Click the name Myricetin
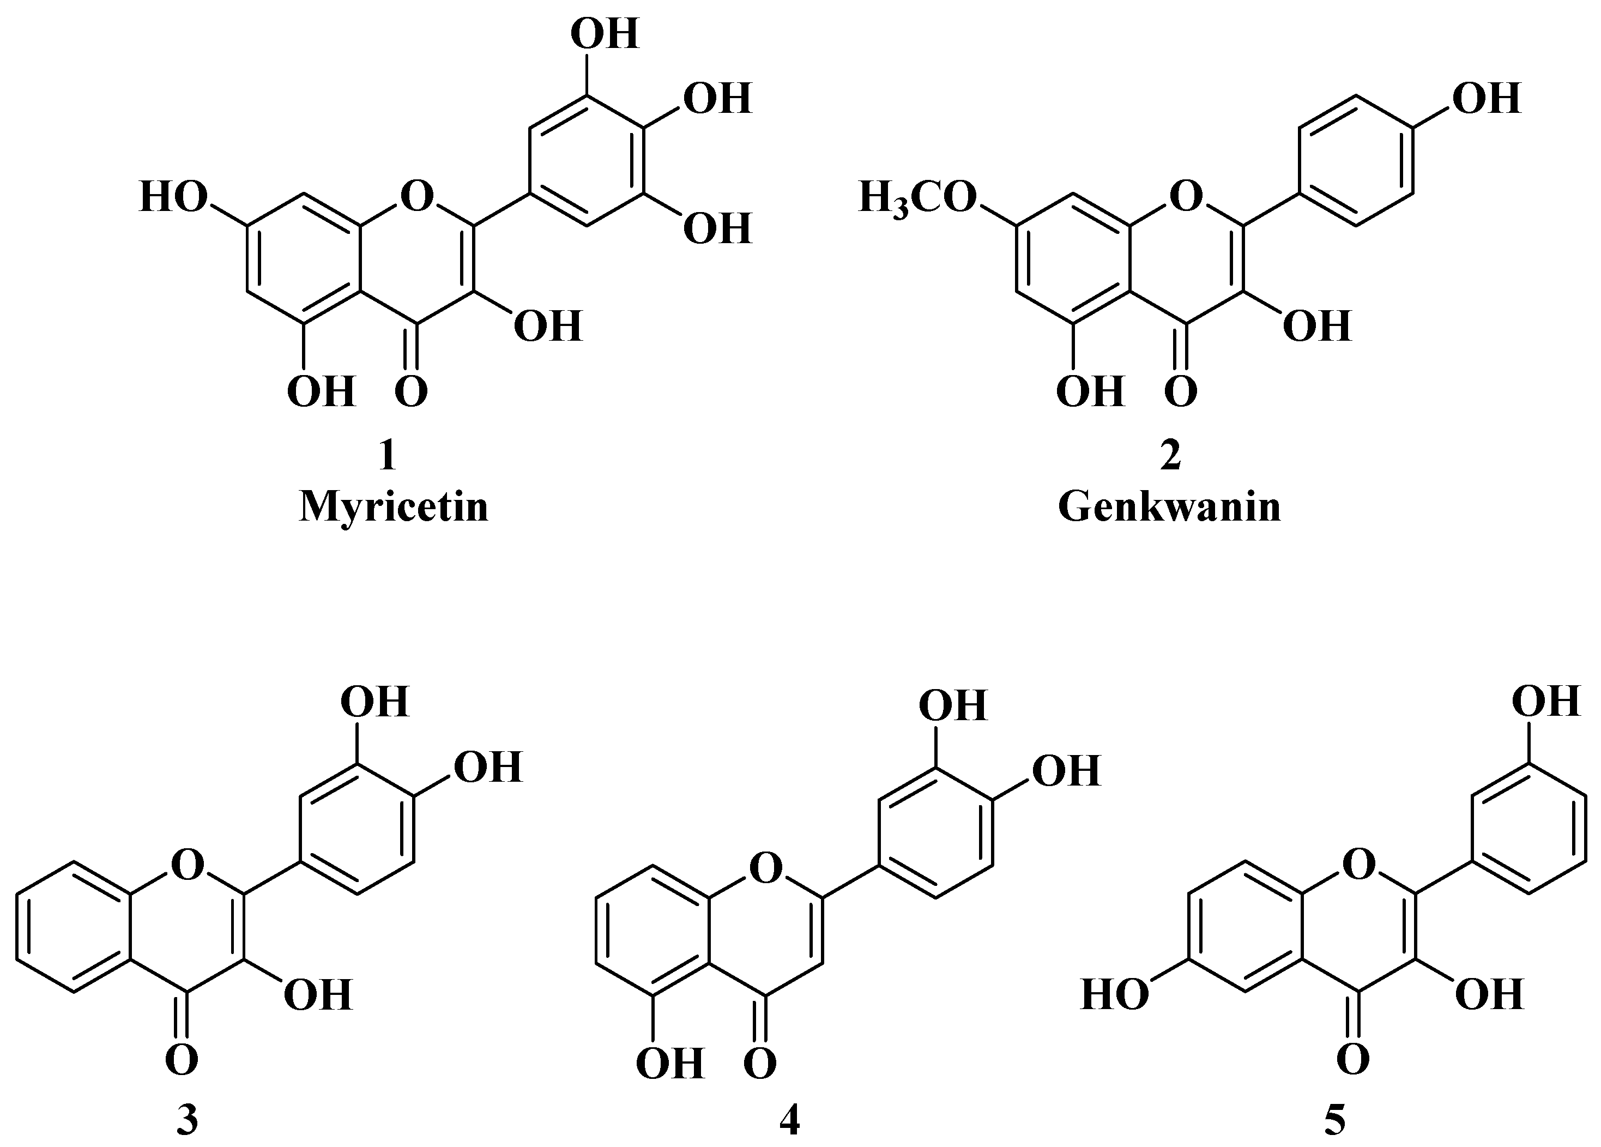point(393,508)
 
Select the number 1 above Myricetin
point(387,456)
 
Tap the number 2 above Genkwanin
point(1170,456)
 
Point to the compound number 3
point(186,1121)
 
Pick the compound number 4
point(789,1121)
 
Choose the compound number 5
point(1334,1121)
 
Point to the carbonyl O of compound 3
point(182,1060)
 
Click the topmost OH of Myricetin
point(604,33)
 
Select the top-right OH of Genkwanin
point(1486,99)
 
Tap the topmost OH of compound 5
point(1546,702)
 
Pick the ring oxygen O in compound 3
point(187,865)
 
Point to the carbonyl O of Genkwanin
point(1181,393)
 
